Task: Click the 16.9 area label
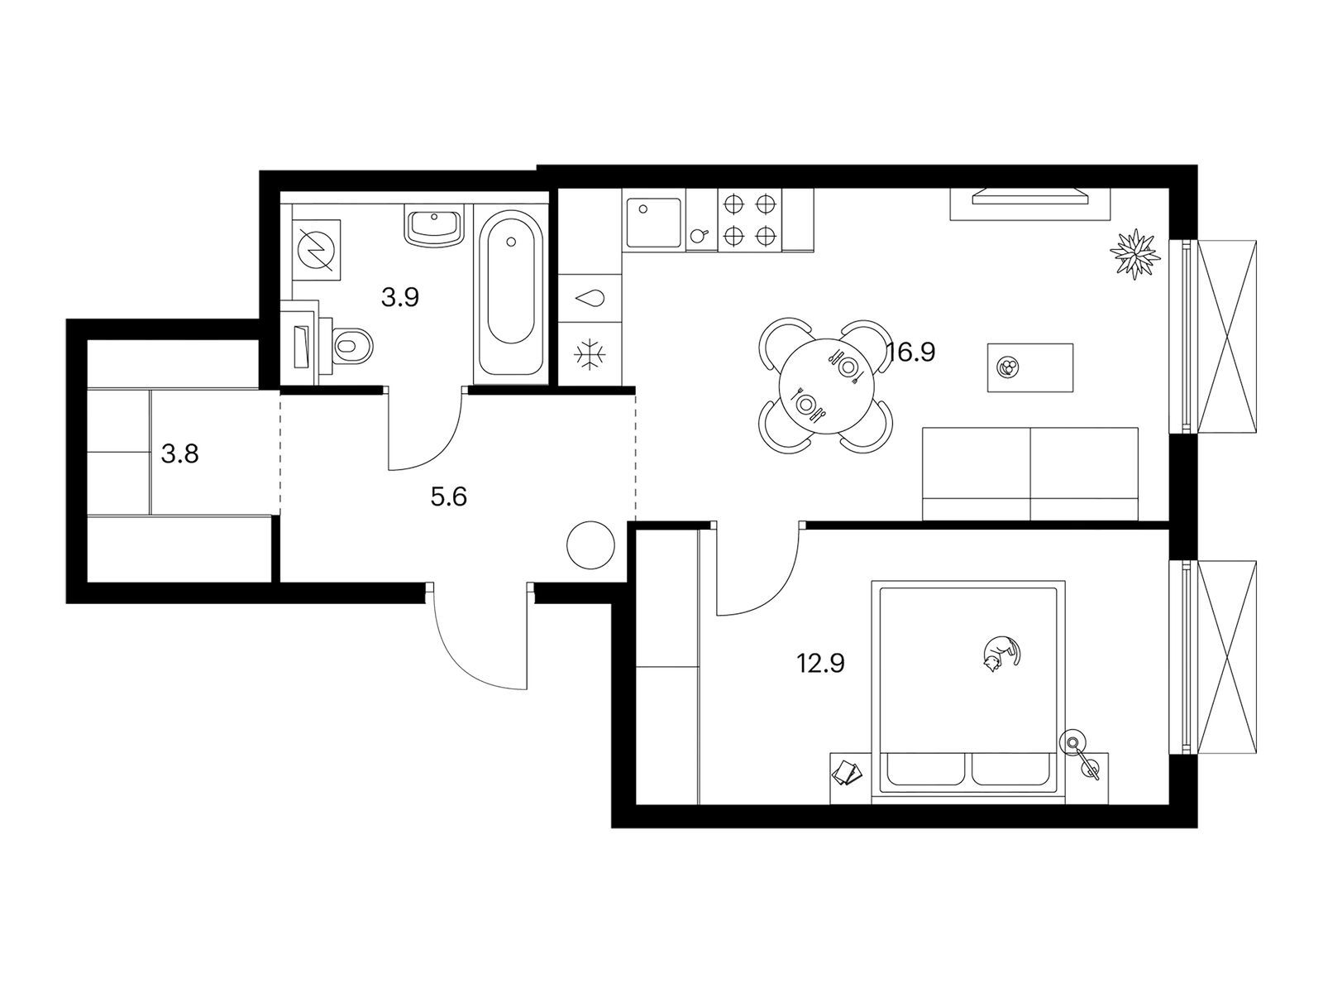911,352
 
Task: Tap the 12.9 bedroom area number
820,664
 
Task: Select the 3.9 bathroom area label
400,297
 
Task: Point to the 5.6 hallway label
449,496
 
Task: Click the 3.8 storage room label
179,453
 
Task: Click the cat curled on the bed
1001,655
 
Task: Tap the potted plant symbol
1135,254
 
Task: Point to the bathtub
510,294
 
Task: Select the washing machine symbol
316,250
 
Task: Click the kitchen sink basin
654,223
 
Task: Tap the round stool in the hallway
590,545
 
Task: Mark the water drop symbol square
590,298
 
